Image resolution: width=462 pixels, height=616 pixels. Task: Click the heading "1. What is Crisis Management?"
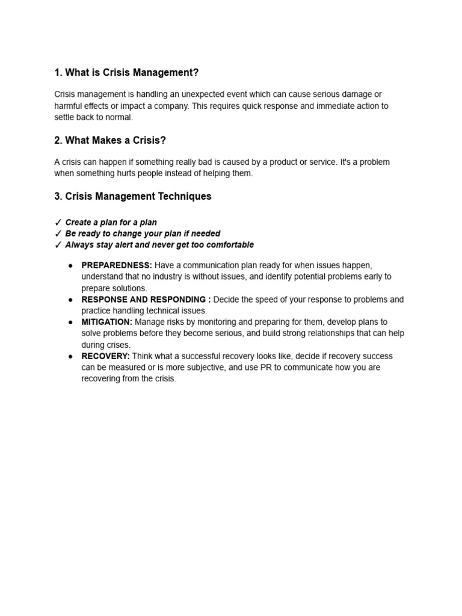coord(126,73)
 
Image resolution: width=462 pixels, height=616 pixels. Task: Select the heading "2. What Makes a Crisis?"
coord(110,141)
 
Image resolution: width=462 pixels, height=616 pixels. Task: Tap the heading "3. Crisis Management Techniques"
coord(133,197)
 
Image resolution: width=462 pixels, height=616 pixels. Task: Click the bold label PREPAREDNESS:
coord(117,265)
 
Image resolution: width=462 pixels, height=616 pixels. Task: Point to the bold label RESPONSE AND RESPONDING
coord(144,300)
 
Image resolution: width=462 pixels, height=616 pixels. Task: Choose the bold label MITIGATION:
coord(106,322)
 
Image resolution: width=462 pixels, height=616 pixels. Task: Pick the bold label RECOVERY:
coord(105,356)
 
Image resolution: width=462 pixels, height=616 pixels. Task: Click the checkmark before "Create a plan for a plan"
coord(58,223)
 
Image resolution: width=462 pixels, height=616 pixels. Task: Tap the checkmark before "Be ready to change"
coord(58,234)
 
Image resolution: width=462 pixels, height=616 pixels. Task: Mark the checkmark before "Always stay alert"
coord(58,245)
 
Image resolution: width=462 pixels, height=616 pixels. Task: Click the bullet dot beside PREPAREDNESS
coord(70,265)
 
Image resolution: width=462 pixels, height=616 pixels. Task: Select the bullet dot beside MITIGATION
coord(70,322)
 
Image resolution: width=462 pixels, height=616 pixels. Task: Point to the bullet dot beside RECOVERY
coord(70,356)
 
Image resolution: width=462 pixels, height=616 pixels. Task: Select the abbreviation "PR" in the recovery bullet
coord(266,368)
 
